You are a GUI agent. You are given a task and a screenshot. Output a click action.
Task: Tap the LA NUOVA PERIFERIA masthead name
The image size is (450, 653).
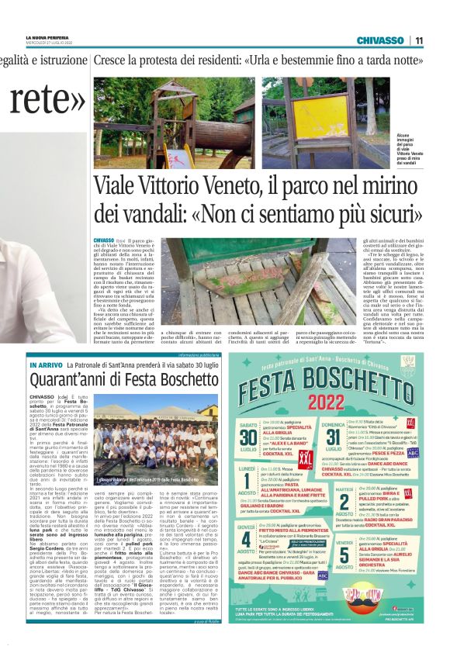tap(63, 37)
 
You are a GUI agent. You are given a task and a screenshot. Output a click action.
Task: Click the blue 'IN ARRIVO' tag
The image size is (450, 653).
tap(45, 365)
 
